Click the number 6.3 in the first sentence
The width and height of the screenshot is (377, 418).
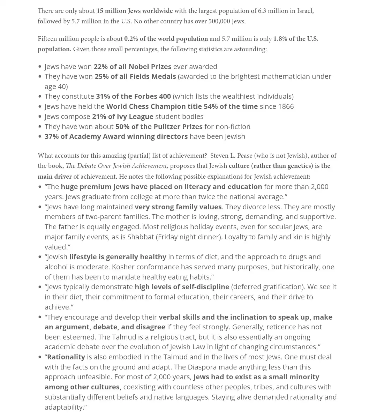point(262,11)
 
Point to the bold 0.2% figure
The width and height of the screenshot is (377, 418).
point(131,39)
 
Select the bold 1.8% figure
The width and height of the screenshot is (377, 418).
point(280,39)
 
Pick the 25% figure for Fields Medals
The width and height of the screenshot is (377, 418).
point(101,76)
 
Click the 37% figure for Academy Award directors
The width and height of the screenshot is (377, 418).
point(51,136)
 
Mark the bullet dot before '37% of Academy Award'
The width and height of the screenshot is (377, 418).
point(40,137)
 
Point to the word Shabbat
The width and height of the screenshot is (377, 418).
point(141,237)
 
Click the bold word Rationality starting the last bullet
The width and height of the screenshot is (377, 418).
point(66,357)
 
